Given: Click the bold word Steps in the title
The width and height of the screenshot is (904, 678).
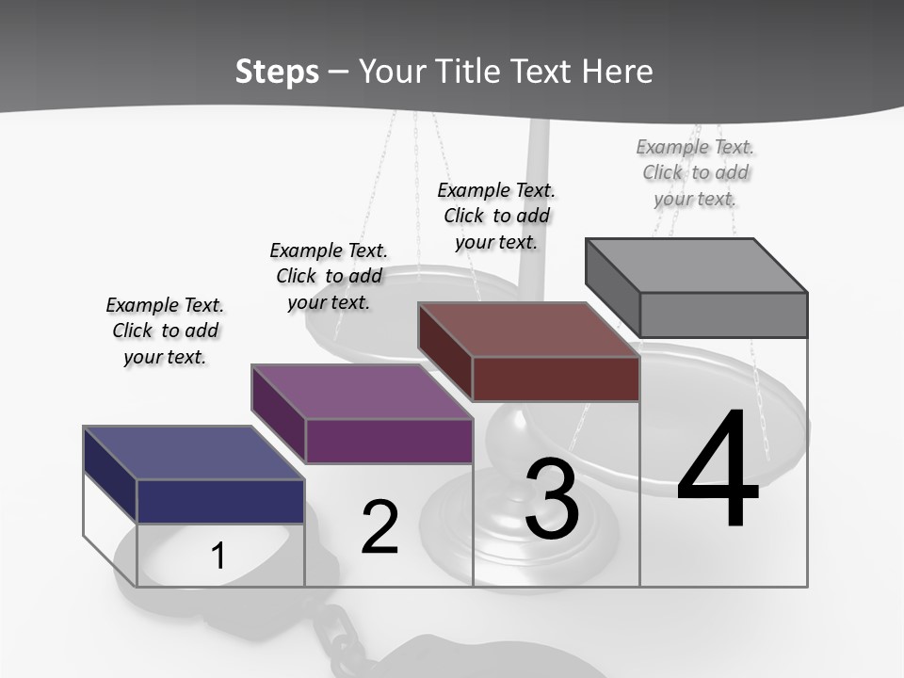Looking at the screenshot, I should pyautogui.click(x=277, y=72).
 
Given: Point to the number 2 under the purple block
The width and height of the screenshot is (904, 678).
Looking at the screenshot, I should pyautogui.click(x=380, y=527).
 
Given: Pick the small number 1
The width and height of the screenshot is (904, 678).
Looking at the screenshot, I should pyautogui.click(x=218, y=557).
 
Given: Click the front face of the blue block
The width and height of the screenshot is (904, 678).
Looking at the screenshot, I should pyautogui.click(x=220, y=501).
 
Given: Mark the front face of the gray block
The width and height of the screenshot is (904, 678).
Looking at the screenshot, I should pyautogui.click(x=723, y=315).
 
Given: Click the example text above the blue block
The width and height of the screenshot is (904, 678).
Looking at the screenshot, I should pyautogui.click(x=165, y=331).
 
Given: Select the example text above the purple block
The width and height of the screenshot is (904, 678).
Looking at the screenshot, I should pyautogui.click(x=329, y=276).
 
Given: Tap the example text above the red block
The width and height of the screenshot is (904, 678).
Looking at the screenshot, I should pyautogui.click(x=496, y=216).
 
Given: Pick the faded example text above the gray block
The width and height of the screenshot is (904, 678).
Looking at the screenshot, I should pyautogui.click(x=695, y=172).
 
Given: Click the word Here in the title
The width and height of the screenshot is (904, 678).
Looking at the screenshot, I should pyautogui.click(x=618, y=72).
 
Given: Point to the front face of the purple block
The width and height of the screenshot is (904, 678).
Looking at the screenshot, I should pyautogui.click(x=389, y=441).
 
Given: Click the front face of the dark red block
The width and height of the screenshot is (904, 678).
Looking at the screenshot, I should pyautogui.click(x=556, y=379).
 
